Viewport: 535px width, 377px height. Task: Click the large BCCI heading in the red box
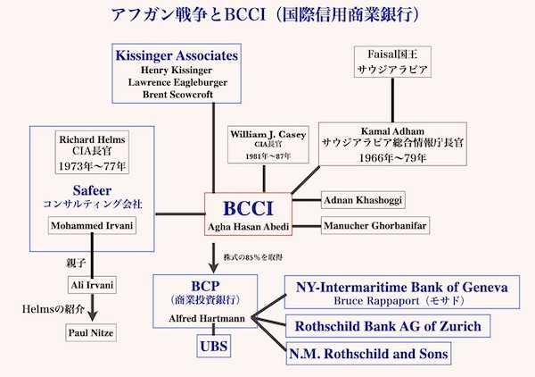click(x=250, y=209)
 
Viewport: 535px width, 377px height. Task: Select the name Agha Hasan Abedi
click(x=250, y=228)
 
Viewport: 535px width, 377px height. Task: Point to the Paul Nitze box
click(x=92, y=332)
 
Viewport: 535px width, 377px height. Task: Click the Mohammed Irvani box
click(x=93, y=225)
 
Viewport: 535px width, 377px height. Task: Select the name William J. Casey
click(x=263, y=133)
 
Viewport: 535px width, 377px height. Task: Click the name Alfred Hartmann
click(x=208, y=317)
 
